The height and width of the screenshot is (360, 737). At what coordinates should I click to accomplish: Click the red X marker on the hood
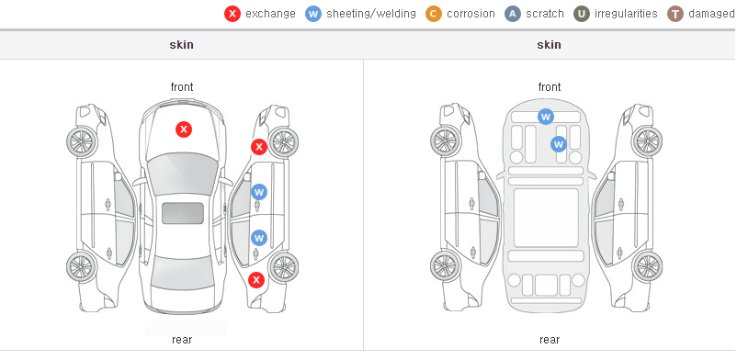point(184,129)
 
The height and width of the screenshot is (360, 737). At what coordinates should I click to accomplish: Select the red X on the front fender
point(258,147)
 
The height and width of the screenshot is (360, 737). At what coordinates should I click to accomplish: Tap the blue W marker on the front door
point(259,192)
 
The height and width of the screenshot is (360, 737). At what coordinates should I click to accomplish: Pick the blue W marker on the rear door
point(259,238)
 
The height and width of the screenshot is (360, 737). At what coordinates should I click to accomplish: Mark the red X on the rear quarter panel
point(256,281)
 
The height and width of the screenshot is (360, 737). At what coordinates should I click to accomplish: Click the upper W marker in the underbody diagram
point(545,117)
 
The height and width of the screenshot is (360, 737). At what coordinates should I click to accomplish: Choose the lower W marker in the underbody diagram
point(559,144)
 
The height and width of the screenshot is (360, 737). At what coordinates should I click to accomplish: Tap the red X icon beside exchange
point(232,14)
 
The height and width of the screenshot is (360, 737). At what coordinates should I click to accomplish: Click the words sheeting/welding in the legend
point(371,14)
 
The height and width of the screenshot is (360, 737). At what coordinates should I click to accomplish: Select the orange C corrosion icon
point(434,14)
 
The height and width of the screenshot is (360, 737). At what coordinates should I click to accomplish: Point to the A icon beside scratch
point(513,14)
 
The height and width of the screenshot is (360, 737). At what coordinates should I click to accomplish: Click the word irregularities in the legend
point(626,14)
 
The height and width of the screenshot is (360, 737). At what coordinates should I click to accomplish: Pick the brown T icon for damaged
point(675,14)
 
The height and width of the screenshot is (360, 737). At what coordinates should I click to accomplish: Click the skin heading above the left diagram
point(181,45)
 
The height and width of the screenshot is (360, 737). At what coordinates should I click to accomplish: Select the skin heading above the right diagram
point(549,45)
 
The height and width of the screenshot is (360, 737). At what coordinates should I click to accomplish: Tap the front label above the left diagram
point(182,87)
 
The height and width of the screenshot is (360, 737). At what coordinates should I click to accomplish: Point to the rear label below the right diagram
point(550,340)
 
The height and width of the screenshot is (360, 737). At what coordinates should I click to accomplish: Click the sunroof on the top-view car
point(183,213)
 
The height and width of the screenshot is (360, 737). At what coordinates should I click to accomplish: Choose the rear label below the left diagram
point(182,340)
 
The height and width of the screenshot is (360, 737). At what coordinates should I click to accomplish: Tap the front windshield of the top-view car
point(183,174)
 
